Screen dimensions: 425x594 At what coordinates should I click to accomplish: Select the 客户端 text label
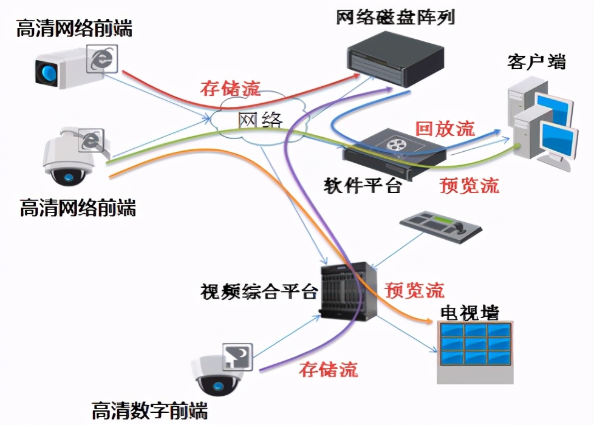click(536, 61)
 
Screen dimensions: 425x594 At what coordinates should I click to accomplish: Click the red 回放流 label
click(445, 129)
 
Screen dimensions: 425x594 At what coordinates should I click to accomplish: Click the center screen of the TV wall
click(474, 343)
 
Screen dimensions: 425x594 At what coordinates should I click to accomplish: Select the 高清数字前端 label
click(149, 411)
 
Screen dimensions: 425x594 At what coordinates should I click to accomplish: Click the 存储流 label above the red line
click(230, 89)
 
